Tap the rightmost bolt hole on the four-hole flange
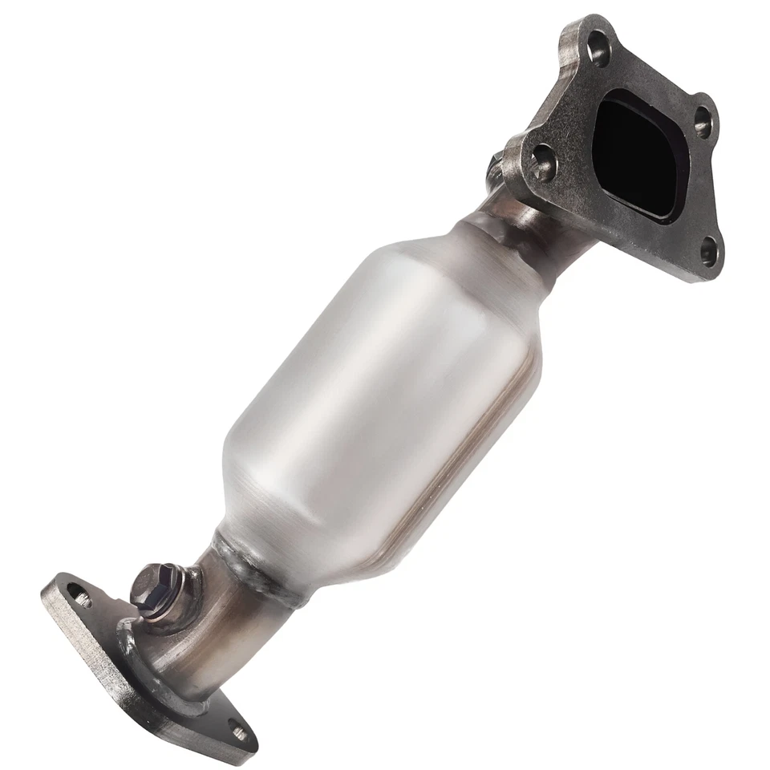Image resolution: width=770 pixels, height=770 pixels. point(703,123)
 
